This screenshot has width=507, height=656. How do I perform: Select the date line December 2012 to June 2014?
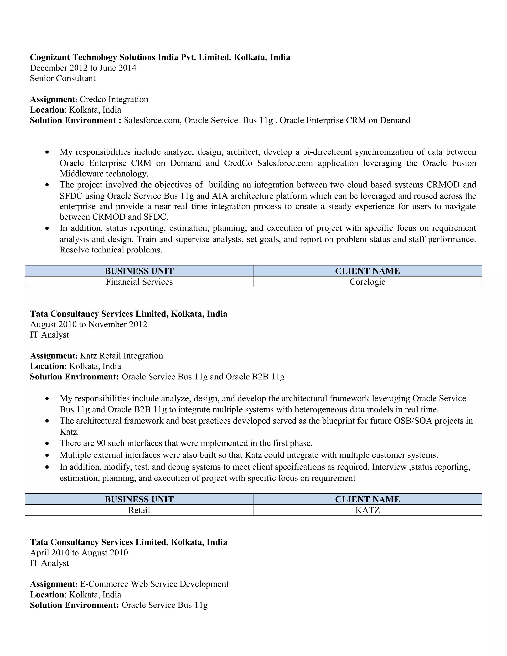pyautogui.click(x=83, y=68)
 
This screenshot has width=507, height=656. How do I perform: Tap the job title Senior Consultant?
pyautogui.click(x=62, y=78)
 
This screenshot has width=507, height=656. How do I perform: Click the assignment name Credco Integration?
pyautogui.click(x=114, y=100)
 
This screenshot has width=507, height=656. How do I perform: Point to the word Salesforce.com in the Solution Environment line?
pyautogui.click(x=152, y=121)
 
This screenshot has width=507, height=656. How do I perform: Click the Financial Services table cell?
pyautogui.click(x=139, y=282)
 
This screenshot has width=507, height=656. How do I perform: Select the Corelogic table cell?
pyautogui.click(x=367, y=282)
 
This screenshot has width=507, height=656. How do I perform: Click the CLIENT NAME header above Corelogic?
pyautogui.click(x=367, y=271)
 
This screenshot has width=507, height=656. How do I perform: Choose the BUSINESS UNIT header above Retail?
pyautogui.click(x=139, y=499)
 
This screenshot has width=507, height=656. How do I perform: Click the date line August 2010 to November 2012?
pyautogui.click(x=89, y=324)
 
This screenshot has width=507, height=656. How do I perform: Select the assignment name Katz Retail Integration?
pyautogui.click(x=121, y=356)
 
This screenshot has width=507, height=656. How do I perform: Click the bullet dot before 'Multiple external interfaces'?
pyautogui.click(x=47, y=455)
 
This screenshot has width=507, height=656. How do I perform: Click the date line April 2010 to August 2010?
pyautogui.click(x=79, y=553)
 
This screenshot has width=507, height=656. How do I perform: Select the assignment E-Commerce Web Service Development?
pyautogui.click(x=154, y=584)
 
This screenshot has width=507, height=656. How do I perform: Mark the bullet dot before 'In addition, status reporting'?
pyautogui.click(x=47, y=228)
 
